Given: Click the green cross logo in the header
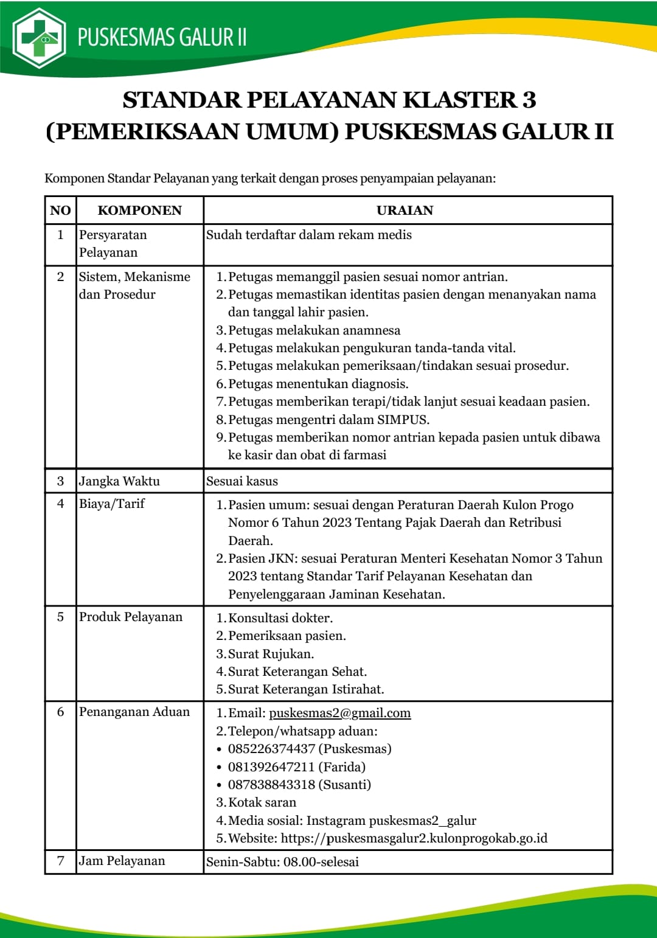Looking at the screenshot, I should click(40, 38).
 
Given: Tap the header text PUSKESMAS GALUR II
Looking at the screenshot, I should click(162, 37).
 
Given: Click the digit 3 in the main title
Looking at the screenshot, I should click(528, 100).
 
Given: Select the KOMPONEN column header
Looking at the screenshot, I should click(139, 210).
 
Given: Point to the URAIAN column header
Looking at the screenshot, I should click(405, 210).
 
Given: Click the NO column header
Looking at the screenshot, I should click(60, 210).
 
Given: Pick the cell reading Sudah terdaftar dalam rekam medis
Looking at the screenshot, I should click(308, 235).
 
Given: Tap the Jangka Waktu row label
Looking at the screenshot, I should click(119, 481).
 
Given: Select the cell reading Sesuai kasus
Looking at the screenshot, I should click(242, 481).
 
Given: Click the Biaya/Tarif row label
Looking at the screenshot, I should click(112, 504).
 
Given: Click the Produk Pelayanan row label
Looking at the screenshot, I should click(131, 617).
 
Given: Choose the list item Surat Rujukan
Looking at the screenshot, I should click(271, 654).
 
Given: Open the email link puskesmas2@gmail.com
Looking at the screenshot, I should click(339, 713).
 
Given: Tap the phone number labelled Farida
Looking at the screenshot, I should click(272, 766).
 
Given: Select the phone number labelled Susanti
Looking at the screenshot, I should click(272, 785).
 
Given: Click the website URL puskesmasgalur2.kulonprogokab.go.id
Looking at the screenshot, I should click(414, 838).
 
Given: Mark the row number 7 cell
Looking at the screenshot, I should click(60, 861).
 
